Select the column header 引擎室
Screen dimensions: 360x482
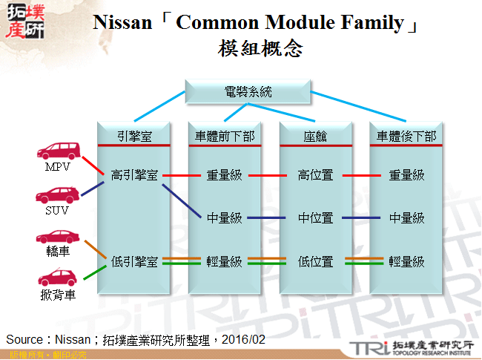tap(135, 137)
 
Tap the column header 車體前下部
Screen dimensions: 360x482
tap(225, 137)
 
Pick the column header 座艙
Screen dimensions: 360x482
tap(315, 137)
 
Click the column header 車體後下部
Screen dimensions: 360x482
tap(406, 137)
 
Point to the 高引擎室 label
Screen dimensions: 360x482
tap(134, 175)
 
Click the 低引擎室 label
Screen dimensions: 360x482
tap(134, 261)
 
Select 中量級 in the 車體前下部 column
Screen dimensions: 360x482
tap(225, 218)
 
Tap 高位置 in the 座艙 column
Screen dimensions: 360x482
tap(315, 175)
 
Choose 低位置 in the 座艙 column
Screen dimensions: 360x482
tap(315, 261)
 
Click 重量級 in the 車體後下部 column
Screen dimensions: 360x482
tap(406, 175)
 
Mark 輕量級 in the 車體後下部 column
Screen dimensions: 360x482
tap(406, 261)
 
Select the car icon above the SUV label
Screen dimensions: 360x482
tap(57, 195)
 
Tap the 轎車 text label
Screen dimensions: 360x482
tap(57, 252)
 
